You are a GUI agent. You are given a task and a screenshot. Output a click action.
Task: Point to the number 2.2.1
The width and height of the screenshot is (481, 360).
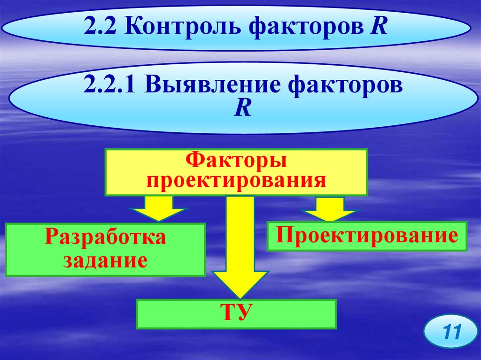click(112, 88)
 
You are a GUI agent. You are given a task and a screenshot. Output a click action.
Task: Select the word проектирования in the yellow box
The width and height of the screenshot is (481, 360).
click(236, 181)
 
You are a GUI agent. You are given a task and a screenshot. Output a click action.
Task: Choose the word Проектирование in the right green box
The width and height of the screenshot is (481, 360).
click(367, 235)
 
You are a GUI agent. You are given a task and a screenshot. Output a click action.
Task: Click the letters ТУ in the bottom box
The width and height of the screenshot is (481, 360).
click(236, 312)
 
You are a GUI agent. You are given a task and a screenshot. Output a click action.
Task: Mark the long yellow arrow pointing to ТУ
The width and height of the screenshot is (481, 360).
click(240, 244)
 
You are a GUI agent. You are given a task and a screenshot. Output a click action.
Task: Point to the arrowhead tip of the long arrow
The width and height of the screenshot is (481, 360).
click(240, 297)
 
